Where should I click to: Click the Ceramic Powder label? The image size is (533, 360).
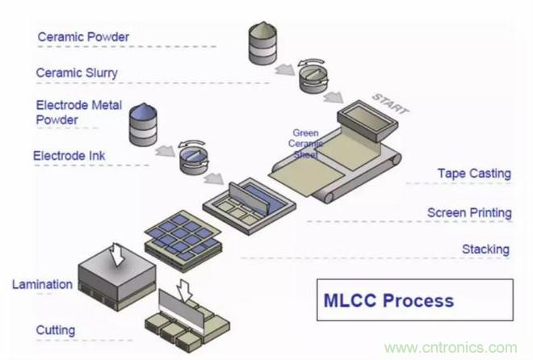(x=84, y=36)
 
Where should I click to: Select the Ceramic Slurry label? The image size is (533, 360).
(x=78, y=73)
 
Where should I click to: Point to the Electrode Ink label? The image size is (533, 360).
(x=69, y=154)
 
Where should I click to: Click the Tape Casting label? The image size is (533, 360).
(x=474, y=173)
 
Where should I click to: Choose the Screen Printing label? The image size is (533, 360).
(x=469, y=213)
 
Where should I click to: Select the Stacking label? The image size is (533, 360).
(x=485, y=249)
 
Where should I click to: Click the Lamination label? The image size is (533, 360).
(x=42, y=284)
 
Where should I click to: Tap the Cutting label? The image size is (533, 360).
(x=56, y=330)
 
